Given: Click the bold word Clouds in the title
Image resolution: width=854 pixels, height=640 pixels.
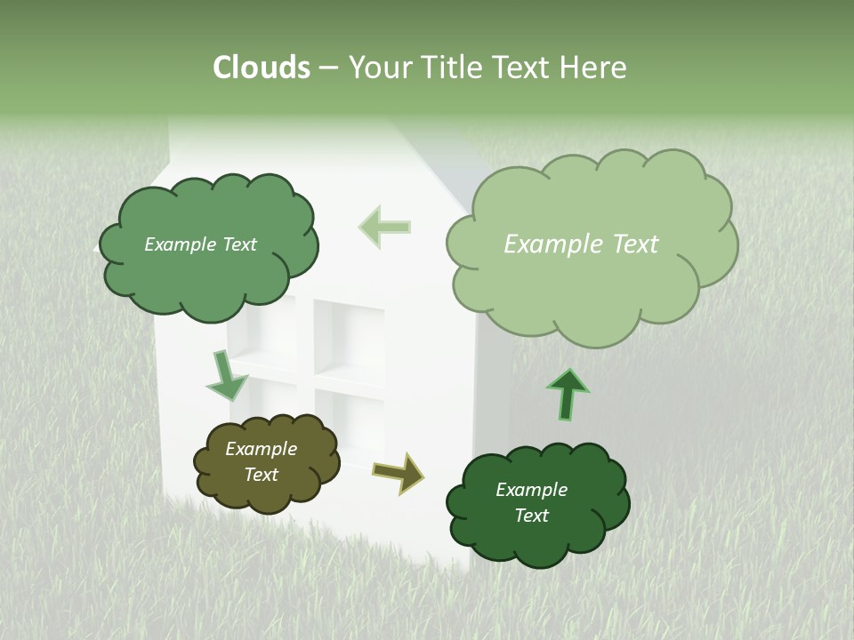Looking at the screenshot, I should pyautogui.click(x=261, y=68).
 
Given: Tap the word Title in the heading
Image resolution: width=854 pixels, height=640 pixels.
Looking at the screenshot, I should pyautogui.click(x=452, y=68).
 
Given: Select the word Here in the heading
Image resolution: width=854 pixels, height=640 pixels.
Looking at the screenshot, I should pyautogui.click(x=593, y=68).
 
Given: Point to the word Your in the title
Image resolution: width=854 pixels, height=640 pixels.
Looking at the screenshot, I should pyautogui.click(x=381, y=68).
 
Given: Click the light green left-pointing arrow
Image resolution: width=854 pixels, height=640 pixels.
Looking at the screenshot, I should pyautogui.click(x=384, y=227).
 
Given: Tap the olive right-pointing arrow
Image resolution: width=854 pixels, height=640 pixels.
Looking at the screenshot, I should pyautogui.click(x=398, y=472).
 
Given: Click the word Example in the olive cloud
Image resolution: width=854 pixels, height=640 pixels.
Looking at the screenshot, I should pyautogui.click(x=261, y=449).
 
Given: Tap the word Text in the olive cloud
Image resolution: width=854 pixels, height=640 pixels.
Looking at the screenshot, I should pyautogui.click(x=261, y=475).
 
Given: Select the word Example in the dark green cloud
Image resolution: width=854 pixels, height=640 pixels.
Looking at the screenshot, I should pyautogui.click(x=531, y=490).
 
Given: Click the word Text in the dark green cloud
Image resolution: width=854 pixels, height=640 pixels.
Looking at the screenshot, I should pyautogui.click(x=531, y=516).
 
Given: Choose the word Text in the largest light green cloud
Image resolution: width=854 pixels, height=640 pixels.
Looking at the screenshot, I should pyautogui.click(x=635, y=244).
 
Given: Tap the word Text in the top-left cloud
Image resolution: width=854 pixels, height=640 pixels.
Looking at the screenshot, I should pyautogui.click(x=238, y=244).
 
